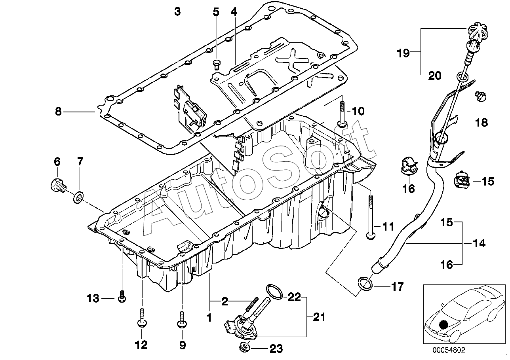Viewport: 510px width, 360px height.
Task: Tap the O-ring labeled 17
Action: tap(365, 284)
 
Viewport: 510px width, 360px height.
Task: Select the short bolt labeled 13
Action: tap(122, 297)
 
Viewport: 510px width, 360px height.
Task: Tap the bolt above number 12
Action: tap(142, 318)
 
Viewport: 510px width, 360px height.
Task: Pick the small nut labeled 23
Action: tap(245, 348)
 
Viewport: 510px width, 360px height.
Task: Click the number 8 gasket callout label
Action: tap(58, 112)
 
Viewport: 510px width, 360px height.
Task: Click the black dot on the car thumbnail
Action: tap(443, 324)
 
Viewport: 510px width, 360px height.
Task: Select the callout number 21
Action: tap(319, 317)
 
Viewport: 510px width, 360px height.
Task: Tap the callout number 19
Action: tap(403, 53)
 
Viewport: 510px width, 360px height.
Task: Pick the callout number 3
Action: tap(177, 11)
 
